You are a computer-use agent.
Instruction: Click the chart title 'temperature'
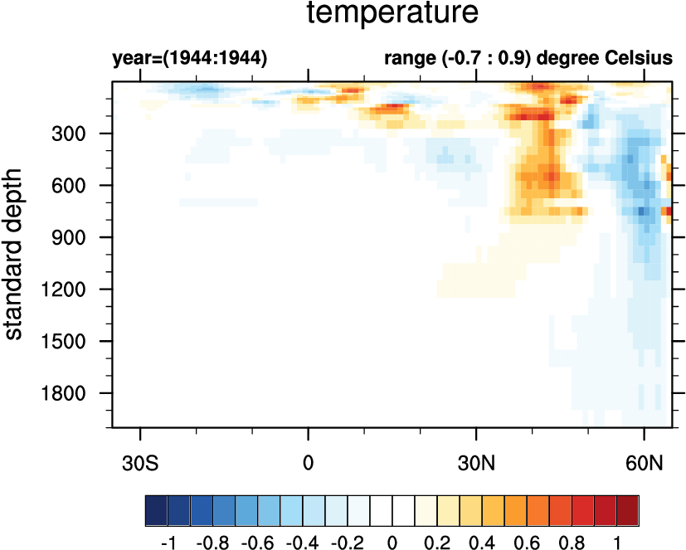coord(392,14)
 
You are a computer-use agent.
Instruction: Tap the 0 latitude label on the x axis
coord(309,460)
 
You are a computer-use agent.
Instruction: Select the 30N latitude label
coord(476,460)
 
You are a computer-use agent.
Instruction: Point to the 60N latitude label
coord(644,460)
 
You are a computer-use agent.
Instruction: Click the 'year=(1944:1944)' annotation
coord(189,59)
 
